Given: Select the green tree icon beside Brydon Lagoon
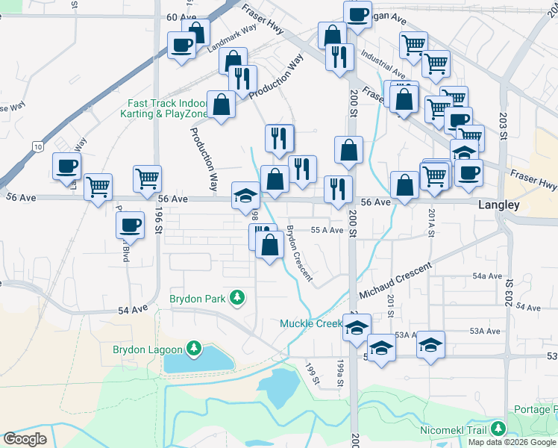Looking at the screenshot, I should click(194, 349).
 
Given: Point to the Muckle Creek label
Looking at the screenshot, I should click(310, 323).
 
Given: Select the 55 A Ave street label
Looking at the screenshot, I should click(327, 231).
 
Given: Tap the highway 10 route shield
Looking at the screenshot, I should click(37, 147).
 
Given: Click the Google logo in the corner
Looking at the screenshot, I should click(25, 439).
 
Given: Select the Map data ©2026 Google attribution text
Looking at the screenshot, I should click(512, 442).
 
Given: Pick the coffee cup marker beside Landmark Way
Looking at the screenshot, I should click(181, 46).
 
